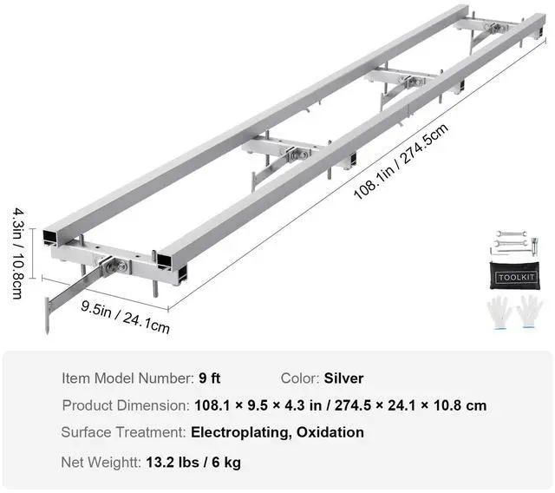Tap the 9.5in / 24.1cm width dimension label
click(126, 316)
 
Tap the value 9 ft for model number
click(210, 378)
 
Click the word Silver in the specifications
click(344, 378)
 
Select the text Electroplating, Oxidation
click(277, 432)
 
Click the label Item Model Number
click(127, 378)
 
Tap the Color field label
click(299, 378)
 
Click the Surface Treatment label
click(123, 432)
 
